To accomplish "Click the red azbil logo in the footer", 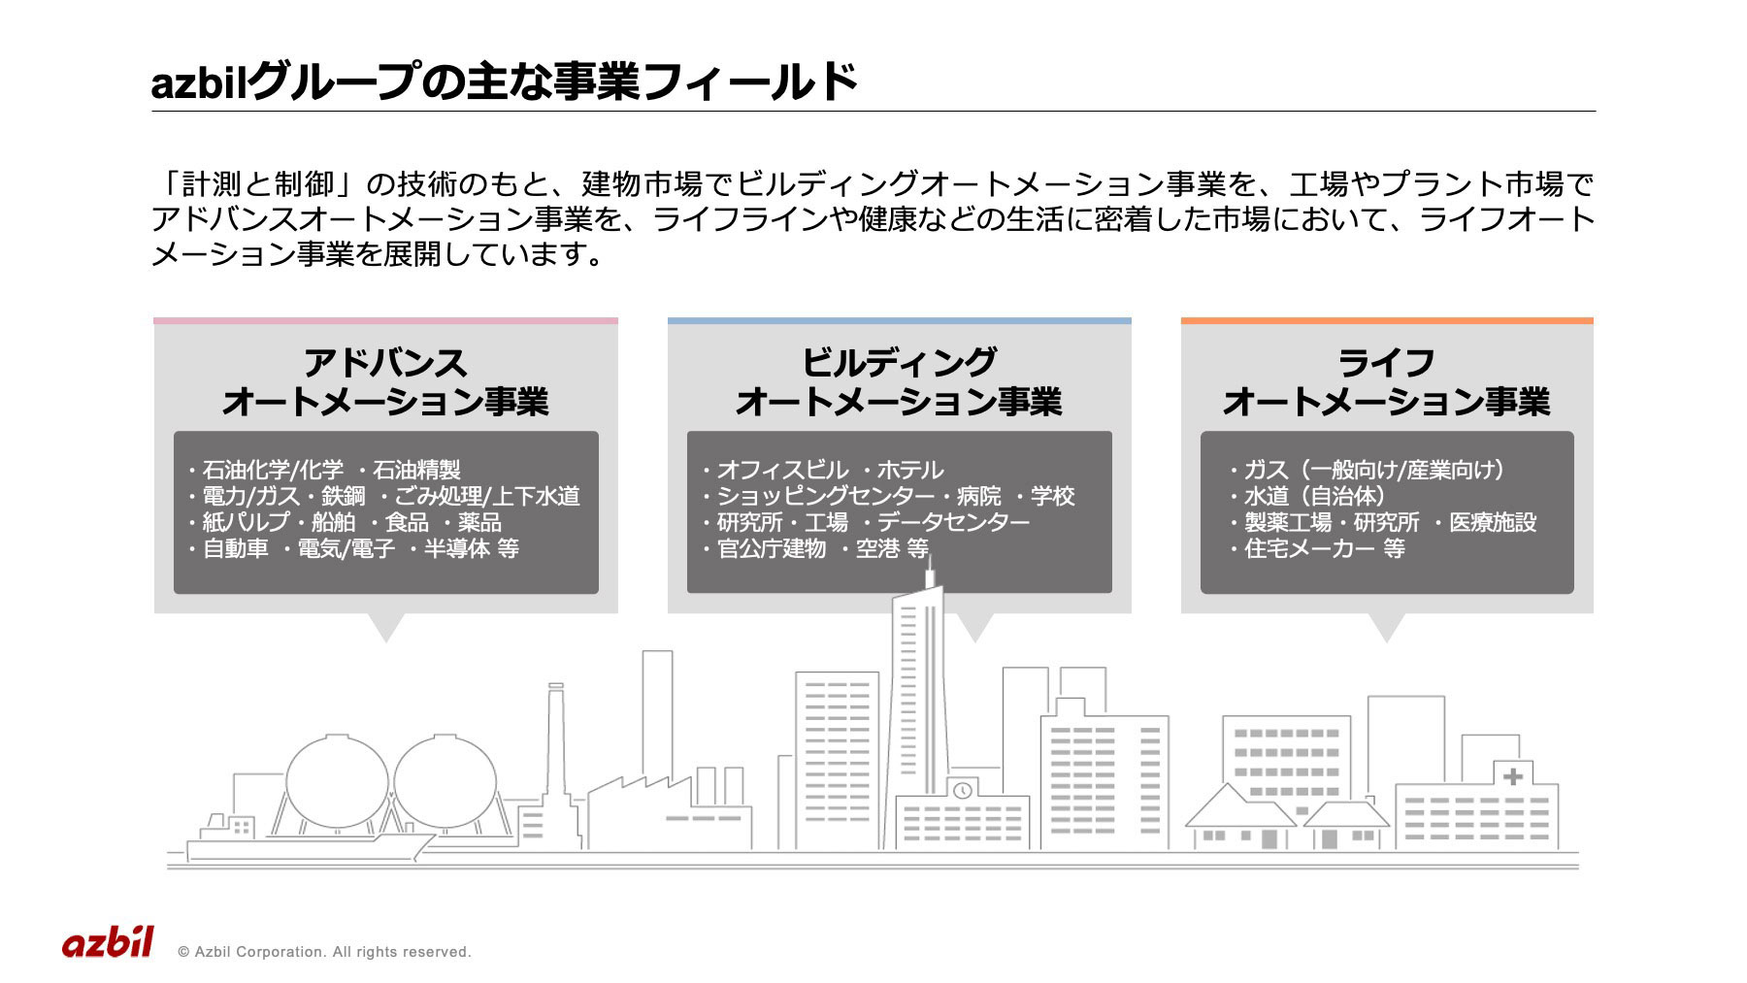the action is pos(108,942).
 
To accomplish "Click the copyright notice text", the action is pos(324,952).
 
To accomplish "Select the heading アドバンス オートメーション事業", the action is pos(385,381).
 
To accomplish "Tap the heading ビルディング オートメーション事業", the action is pos(899,381).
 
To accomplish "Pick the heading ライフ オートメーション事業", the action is pos(1386,381).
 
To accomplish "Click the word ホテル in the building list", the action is pos(910,471).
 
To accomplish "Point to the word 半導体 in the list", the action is pos(457,549).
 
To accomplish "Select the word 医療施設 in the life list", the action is pos(1493,523).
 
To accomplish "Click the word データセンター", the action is pos(954,523).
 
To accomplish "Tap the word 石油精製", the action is pos(417,471).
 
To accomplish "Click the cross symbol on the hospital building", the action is pos(1512,776).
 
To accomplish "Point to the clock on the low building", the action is pos(962,791).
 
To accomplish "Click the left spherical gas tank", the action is pos(337,782).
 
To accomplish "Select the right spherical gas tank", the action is pos(445,782).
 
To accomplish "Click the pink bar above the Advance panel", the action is pos(385,320).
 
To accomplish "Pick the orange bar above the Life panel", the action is pos(1387,320).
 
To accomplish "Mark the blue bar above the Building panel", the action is pos(900,320).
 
